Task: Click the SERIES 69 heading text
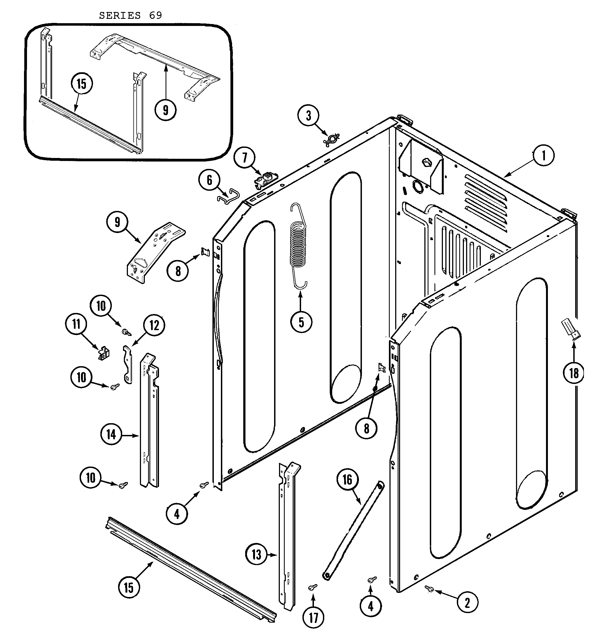pyautogui.click(x=130, y=15)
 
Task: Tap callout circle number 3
pyautogui.click(x=308, y=116)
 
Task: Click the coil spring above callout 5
pyautogui.click(x=298, y=245)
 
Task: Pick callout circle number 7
pyautogui.click(x=244, y=158)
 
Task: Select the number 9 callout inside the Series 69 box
pyautogui.click(x=166, y=110)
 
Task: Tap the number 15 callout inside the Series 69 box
pyautogui.click(x=82, y=84)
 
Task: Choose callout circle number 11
pyautogui.click(x=76, y=324)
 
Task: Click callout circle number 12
pyautogui.click(x=154, y=325)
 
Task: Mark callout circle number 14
pyautogui.click(x=111, y=435)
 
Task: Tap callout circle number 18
pyautogui.click(x=574, y=373)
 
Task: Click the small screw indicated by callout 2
pyautogui.click(x=429, y=589)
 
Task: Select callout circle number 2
pyautogui.click(x=467, y=602)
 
